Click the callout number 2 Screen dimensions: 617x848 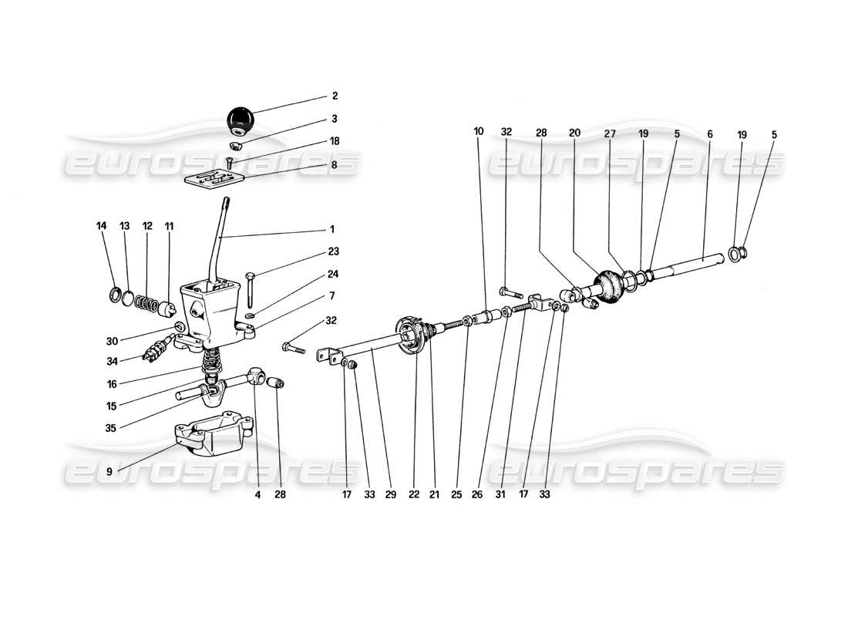click(x=335, y=96)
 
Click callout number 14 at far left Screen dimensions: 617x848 click(x=102, y=226)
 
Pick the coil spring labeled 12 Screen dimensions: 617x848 click(x=146, y=301)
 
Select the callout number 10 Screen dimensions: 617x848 click(x=479, y=132)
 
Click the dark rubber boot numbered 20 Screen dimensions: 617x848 click(x=608, y=286)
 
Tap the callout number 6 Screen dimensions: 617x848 click(x=710, y=133)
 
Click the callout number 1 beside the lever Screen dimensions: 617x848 click(x=331, y=229)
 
